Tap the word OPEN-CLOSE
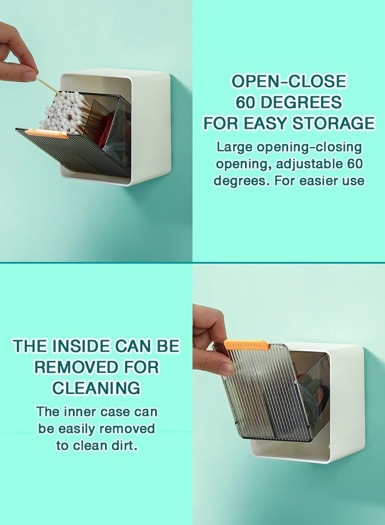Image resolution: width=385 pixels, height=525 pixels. (289, 81)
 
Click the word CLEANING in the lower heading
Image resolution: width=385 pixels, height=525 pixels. (96, 388)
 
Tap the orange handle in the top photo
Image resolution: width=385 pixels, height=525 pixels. (46, 134)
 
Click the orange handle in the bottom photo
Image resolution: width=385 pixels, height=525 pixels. (246, 345)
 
